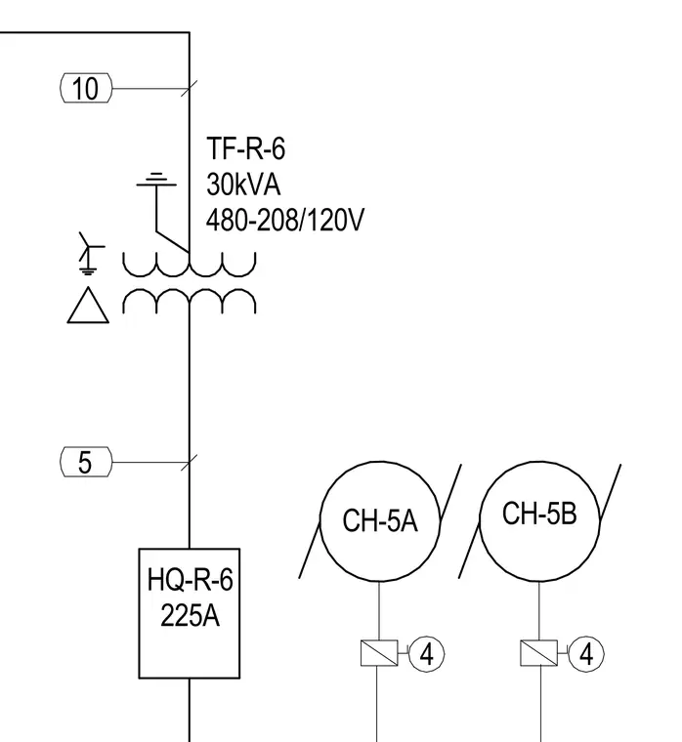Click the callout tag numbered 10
[86, 88]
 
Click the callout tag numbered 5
[86, 462]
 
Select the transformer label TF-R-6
[246, 148]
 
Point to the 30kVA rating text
[243, 185]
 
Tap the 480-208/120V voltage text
[285, 220]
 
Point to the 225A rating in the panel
[190, 616]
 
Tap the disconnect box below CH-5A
[379, 653]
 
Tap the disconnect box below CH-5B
[539, 653]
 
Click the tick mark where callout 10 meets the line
[190, 88]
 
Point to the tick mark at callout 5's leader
[190, 462]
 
